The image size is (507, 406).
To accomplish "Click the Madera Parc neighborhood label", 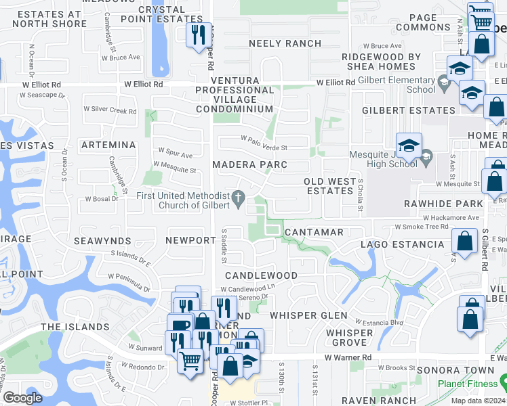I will pos(249,164).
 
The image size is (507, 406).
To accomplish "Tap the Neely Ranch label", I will pos(285,43).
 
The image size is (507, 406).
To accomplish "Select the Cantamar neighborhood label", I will pos(314,232).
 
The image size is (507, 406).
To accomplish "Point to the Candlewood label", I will pos(261,275).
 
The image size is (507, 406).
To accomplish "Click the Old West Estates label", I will pos(329,186).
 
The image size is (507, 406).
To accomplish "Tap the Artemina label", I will pos(108,145).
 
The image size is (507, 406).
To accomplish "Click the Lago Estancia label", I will pos(402,244).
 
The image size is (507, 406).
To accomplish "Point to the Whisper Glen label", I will pos(308,315).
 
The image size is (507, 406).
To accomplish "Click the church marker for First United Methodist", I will pos(237,198).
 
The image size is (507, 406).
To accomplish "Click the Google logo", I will pos(22,398).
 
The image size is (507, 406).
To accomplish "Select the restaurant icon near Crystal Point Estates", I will pos(198,34).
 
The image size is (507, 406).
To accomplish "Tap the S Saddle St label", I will pos(224,246).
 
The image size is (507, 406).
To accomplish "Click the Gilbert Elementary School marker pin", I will pos(444,84).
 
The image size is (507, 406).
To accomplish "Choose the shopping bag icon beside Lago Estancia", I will pos(465,242).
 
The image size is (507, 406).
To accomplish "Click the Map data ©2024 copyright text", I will pos(477,401).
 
